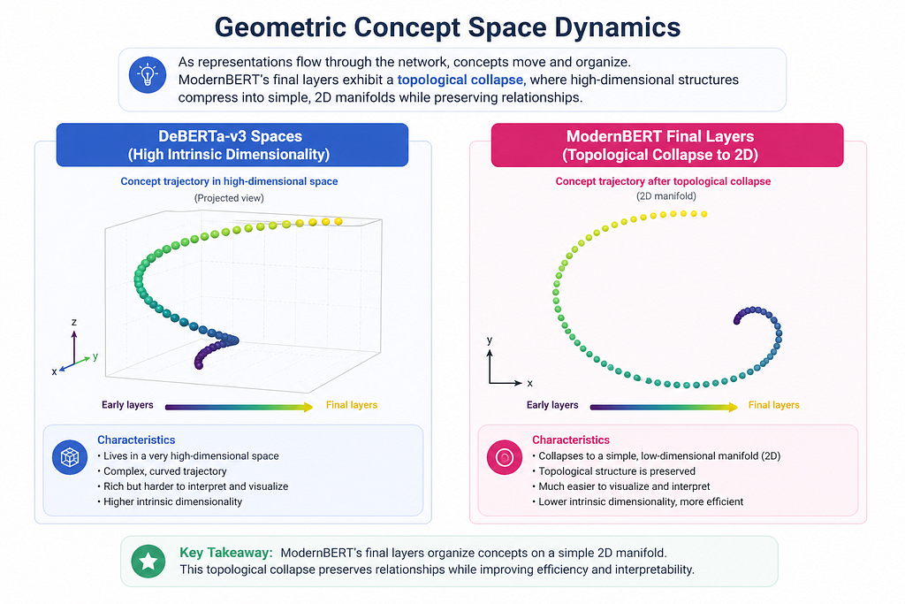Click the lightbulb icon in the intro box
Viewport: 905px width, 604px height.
[x=148, y=75]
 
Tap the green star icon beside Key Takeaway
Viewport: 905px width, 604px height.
[x=148, y=561]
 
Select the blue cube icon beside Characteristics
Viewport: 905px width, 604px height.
[x=70, y=457]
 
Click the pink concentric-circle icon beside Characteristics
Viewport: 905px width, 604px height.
[x=505, y=457]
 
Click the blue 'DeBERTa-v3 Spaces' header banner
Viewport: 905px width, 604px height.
[x=232, y=145]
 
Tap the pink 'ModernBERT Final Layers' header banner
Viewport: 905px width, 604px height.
[x=667, y=145]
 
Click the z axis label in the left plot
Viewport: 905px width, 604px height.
[x=74, y=322]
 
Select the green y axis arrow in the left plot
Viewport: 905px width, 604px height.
[x=82, y=361]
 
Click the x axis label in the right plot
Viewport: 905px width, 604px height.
[x=530, y=383]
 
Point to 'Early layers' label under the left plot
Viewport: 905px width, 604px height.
[x=127, y=405]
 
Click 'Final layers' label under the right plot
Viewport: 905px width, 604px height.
[x=774, y=405]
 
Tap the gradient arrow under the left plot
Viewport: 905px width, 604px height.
[x=239, y=407]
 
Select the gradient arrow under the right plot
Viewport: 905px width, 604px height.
[x=664, y=407]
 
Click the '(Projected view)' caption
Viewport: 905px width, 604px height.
[x=229, y=198]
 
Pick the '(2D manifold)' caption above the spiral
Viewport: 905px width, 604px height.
[x=666, y=195]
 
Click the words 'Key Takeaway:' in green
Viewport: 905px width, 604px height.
[x=226, y=553]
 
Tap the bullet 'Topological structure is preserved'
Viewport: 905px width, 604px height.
[x=613, y=471]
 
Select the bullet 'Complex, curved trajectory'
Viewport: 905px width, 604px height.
[x=162, y=471]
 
